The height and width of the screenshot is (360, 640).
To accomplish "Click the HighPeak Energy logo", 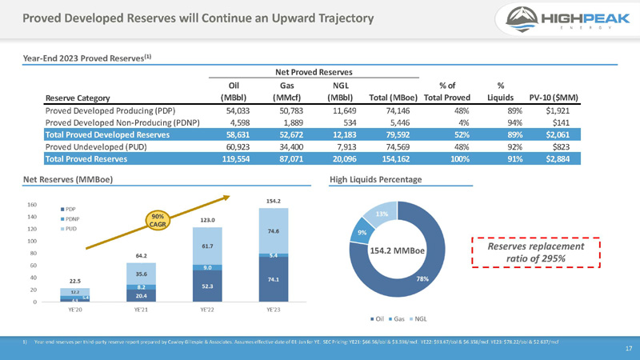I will pos(559,18).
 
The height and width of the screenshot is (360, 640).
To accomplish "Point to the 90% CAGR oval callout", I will pos(158,219).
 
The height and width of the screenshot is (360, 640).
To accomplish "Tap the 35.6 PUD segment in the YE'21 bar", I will pos(141,273).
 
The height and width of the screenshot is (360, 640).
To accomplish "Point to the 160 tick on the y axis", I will pos(32,205).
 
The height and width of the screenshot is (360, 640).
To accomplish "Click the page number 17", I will pos(627,349).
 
